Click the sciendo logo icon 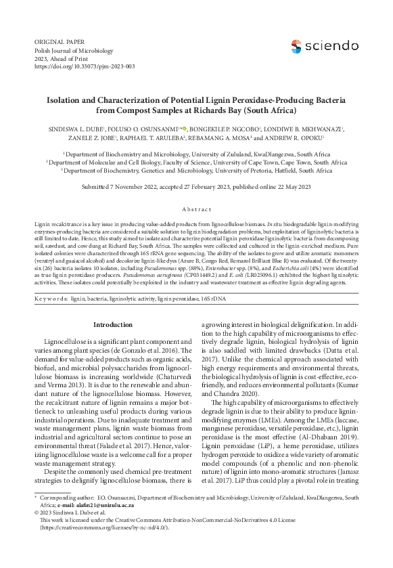click(296, 46)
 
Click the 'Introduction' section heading click(113, 325)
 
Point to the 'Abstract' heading click(195, 210)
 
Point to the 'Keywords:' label click(51, 297)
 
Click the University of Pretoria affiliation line click(197, 171)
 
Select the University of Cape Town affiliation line click(196, 162)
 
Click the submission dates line click(196, 186)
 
